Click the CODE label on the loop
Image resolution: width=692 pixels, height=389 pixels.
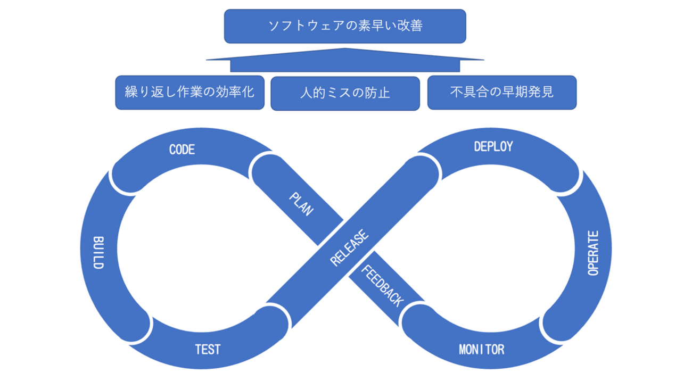pyautogui.click(x=182, y=150)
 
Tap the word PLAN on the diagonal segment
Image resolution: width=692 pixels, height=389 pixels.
pyautogui.click(x=301, y=204)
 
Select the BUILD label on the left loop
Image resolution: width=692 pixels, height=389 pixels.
pyautogui.click(x=97, y=253)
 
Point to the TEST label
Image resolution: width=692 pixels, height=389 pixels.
pyautogui.click(x=208, y=350)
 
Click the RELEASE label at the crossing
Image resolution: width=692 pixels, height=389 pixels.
pyautogui.click(x=349, y=248)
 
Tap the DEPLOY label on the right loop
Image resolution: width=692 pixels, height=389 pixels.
pyautogui.click(x=493, y=146)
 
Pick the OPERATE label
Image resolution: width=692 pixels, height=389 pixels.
pyautogui.click(x=594, y=253)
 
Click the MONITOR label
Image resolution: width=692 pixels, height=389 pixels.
pyautogui.click(x=482, y=350)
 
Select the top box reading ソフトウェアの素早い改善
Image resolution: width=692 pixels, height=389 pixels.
pyautogui.click(x=345, y=26)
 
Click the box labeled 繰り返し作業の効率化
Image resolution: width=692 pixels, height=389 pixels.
pyautogui.click(x=190, y=92)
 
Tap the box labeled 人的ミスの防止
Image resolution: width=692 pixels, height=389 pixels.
pyautogui.click(x=345, y=93)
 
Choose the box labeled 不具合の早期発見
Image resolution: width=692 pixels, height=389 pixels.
pyautogui.click(x=502, y=92)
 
